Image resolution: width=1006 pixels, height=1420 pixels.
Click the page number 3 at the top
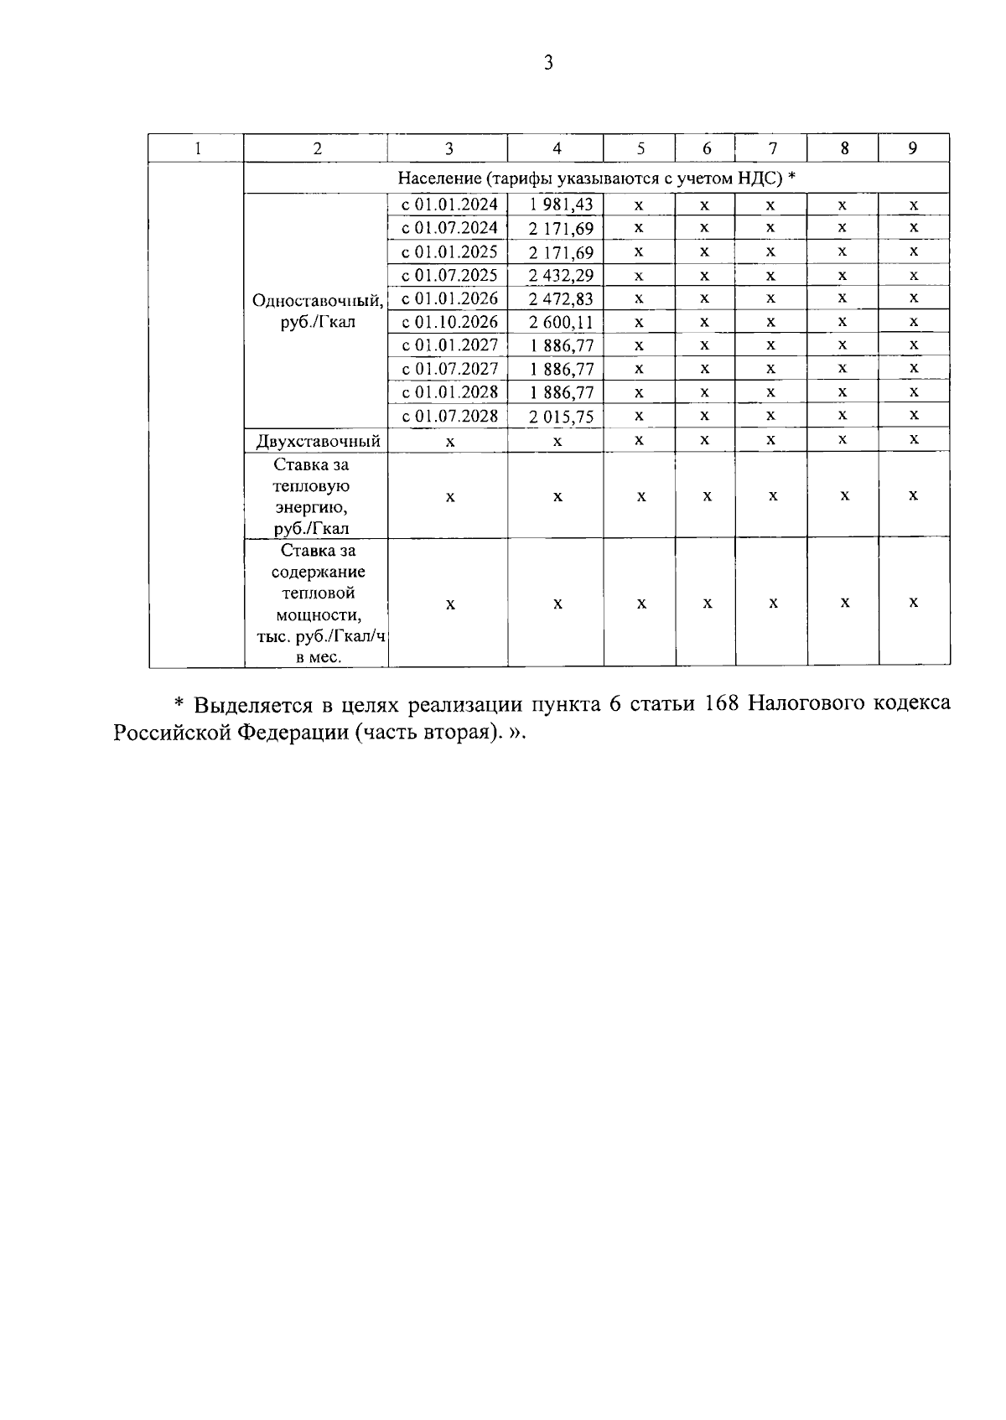tap(548, 64)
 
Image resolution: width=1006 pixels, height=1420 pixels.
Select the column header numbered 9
tap(913, 148)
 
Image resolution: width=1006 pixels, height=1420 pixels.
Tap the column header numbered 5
tap(640, 148)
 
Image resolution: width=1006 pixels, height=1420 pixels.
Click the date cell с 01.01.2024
tap(449, 205)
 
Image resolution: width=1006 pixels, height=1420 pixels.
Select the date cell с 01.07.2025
tap(449, 275)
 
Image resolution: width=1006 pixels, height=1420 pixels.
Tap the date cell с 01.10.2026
tap(449, 322)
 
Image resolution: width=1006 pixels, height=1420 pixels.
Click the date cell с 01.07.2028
tap(449, 416)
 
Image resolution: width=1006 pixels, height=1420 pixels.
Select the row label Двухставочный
tap(318, 441)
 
